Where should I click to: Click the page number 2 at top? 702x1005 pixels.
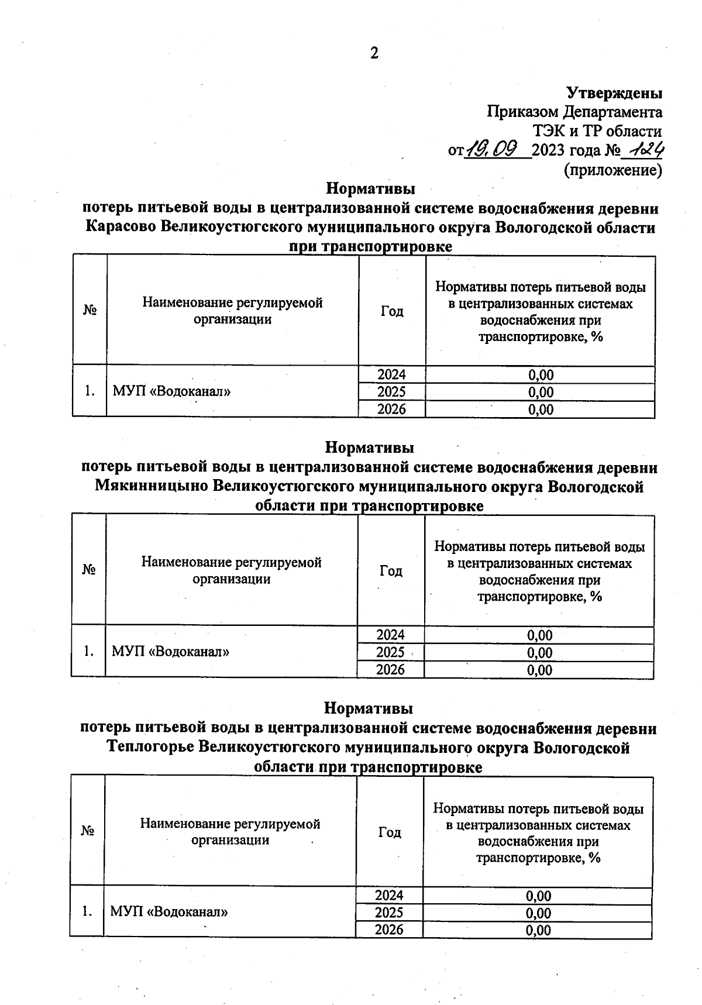(x=374, y=53)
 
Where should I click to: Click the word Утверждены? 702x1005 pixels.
(x=614, y=92)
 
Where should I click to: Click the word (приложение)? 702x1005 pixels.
(x=612, y=170)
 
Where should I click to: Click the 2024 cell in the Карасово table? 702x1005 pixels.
(x=391, y=374)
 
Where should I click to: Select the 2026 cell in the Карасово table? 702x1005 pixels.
(x=391, y=409)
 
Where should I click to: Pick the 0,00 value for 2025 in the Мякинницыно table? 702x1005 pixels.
(x=539, y=652)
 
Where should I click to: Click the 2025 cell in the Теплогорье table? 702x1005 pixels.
(x=389, y=913)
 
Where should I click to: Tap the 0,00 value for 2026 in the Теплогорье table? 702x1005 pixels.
(x=538, y=930)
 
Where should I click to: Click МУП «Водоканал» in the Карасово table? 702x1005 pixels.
(x=171, y=391)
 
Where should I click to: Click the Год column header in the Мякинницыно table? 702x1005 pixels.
(x=391, y=570)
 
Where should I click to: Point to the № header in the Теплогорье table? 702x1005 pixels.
(x=88, y=831)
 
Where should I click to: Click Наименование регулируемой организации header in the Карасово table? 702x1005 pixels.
(x=232, y=311)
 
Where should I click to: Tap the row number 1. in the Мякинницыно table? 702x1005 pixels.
(x=88, y=651)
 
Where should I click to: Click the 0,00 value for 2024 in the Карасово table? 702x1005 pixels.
(x=541, y=374)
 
